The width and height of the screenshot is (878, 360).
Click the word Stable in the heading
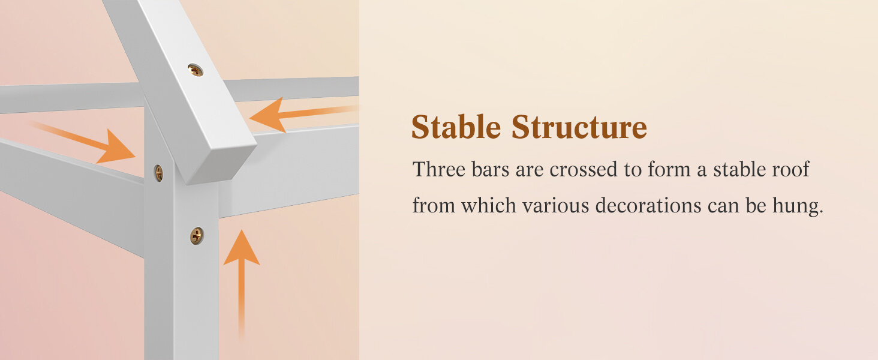(456, 127)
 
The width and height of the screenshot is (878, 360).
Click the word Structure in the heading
(579, 127)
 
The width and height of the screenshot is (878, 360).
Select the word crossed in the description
(584, 169)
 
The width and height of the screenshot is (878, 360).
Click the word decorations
(648, 205)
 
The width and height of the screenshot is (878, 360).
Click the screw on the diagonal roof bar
(195, 70)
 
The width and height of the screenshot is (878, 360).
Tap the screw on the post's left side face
(158, 173)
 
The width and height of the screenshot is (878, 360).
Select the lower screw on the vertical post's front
(197, 236)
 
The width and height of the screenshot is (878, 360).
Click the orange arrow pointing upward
(242, 284)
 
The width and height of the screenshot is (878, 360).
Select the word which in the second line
(488, 205)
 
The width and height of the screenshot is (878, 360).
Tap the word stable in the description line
(739, 169)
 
